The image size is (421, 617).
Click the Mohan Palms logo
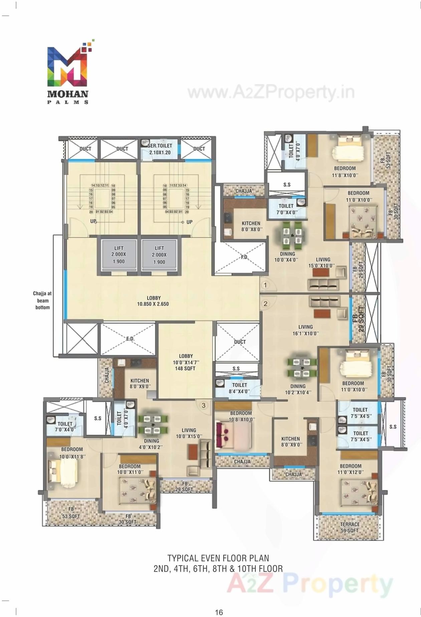click(68, 72)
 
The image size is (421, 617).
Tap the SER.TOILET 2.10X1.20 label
click(160, 149)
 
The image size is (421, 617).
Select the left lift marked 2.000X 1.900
click(119, 255)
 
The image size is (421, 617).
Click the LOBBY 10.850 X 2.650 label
click(153, 301)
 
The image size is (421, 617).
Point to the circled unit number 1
click(265, 285)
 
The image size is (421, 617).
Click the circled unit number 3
click(204, 406)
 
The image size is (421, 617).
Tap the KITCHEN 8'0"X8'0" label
click(251, 226)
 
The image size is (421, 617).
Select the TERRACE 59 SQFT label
click(350, 527)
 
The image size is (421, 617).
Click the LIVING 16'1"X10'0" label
click(305, 330)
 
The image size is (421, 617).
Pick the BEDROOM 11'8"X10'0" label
click(345, 171)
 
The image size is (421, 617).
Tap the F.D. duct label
click(245, 257)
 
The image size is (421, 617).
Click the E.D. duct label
click(130, 339)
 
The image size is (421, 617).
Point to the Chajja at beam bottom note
click(42, 300)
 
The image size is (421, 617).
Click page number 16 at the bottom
click(219, 612)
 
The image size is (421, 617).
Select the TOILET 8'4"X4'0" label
click(239, 388)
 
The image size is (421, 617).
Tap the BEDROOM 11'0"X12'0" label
click(351, 469)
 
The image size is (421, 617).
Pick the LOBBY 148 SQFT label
click(185, 362)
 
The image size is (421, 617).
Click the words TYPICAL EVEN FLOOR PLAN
click(218, 558)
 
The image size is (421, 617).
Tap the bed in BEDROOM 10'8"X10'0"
click(234, 436)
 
